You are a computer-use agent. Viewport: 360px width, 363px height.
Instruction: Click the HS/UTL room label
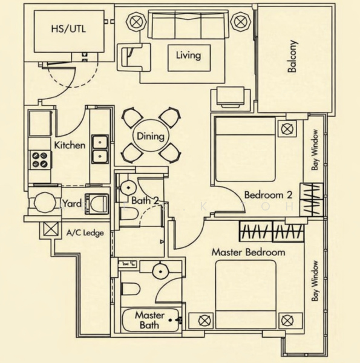tap(68, 29)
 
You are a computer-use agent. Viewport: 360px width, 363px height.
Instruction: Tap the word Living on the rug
tap(188, 56)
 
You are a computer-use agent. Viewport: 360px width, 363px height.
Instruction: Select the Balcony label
tap(292, 56)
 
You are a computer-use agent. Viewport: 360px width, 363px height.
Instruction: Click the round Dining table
tap(151, 136)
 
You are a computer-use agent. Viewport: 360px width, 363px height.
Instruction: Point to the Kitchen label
tap(70, 145)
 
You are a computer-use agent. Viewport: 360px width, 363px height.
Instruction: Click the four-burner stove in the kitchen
tap(40, 160)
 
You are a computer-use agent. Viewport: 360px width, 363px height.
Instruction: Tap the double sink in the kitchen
tap(100, 149)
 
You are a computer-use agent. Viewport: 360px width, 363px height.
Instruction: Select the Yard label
tap(72, 204)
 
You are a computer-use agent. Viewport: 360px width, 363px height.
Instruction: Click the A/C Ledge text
tap(85, 233)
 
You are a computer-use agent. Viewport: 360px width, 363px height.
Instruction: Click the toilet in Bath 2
tap(129, 214)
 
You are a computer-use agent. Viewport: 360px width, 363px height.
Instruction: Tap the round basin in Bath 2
tap(128, 187)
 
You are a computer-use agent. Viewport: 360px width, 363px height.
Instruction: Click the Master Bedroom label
tap(248, 252)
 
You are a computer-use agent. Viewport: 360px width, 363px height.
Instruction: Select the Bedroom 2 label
tap(268, 195)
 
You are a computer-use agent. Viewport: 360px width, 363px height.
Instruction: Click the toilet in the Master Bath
tap(131, 289)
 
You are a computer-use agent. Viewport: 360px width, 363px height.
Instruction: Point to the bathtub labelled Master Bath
tap(150, 320)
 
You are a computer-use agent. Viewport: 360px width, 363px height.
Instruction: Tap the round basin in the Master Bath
tap(160, 271)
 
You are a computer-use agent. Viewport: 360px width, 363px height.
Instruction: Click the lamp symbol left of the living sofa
tap(136, 22)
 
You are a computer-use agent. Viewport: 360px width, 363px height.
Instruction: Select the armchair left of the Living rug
tap(134, 57)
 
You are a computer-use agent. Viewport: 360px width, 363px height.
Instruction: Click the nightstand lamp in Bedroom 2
tap(287, 129)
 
